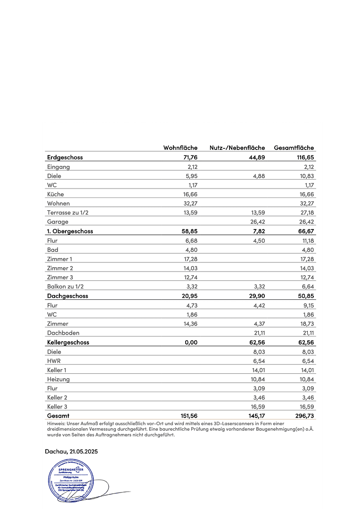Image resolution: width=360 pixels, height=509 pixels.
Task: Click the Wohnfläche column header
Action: click(180, 148)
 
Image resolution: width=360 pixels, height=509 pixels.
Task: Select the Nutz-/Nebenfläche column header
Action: click(237, 148)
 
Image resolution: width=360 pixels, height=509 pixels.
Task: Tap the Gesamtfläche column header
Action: click(294, 148)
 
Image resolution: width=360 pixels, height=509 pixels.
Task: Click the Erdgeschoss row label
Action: click(65, 157)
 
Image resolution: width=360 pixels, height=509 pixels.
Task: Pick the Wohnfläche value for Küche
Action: click(188, 194)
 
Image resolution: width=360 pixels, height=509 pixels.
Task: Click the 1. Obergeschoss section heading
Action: click(70, 231)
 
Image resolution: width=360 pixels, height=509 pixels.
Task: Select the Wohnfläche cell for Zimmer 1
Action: click(188, 259)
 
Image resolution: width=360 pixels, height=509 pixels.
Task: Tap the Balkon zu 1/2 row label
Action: click(65, 287)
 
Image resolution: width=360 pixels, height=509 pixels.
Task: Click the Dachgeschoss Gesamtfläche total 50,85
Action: click(304, 296)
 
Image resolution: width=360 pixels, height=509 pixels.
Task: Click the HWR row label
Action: click(53, 361)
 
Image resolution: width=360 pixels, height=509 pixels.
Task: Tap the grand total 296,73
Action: click(304, 416)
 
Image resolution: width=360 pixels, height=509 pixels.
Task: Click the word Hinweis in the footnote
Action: click(56, 424)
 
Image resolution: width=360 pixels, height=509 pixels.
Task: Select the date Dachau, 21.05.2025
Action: click(71, 452)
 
